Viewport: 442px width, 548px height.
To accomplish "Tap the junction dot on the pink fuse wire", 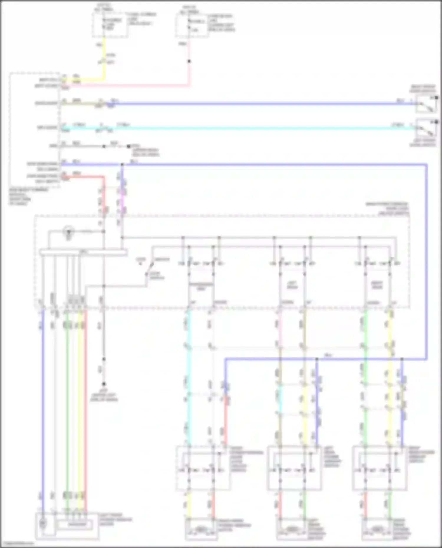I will point(189,61).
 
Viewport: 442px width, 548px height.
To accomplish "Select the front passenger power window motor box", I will point(202,529).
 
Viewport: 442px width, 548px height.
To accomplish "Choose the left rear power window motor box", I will point(292,529).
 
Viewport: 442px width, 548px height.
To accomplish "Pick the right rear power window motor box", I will point(378,529).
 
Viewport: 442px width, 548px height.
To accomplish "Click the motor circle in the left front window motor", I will point(43,523).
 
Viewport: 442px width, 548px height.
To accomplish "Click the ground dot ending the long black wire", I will point(104,384).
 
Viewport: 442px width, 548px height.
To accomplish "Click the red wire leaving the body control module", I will point(88,177).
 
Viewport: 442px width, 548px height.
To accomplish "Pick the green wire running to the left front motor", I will point(67,412).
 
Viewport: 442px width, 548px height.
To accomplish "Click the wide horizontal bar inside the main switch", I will point(83,252).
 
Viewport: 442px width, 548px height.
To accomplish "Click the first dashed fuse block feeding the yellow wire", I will point(110,25).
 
